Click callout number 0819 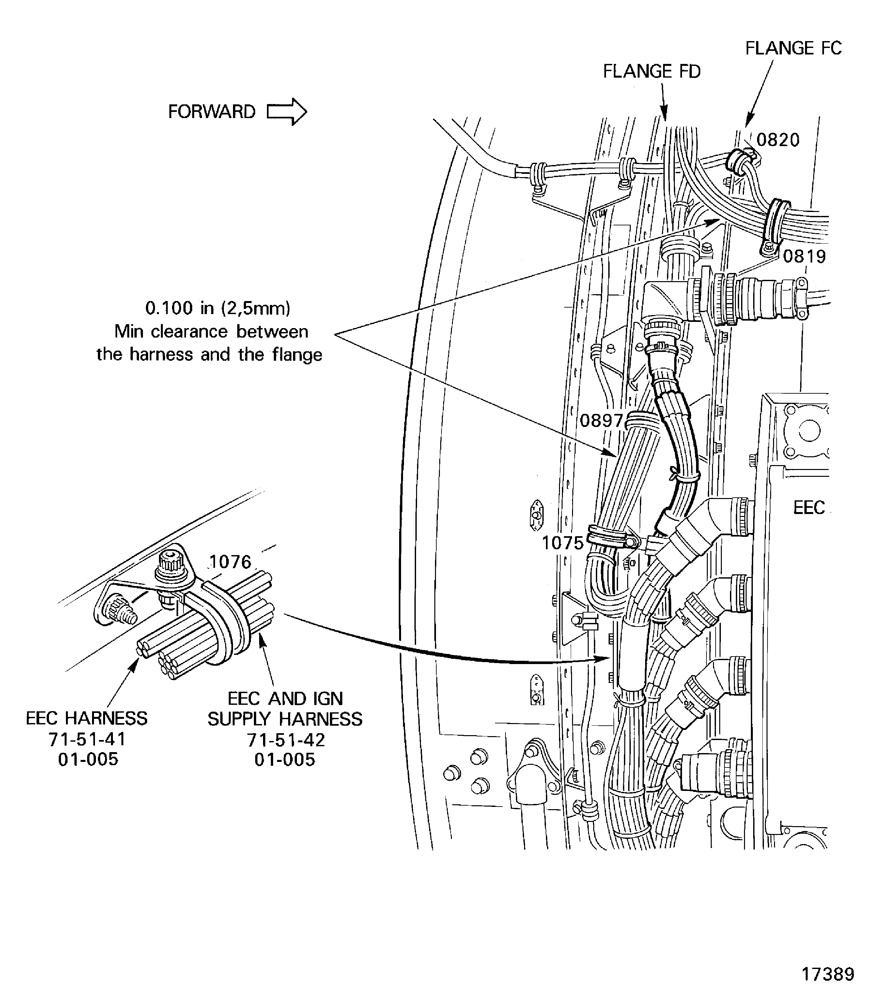pos(804,256)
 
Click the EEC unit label pos(809,507)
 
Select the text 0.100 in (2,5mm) pos(218,308)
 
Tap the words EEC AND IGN pos(285,699)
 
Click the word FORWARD pos(211,112)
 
